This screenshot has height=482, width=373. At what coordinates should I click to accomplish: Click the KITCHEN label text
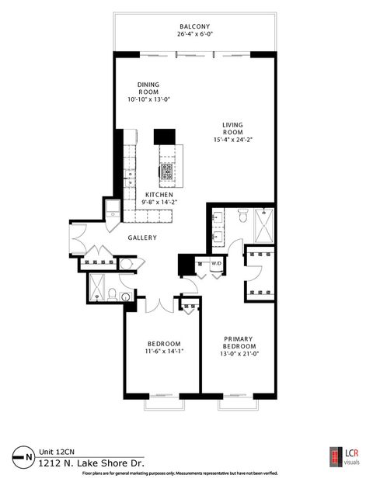pyautogui.click(x=165, y=196)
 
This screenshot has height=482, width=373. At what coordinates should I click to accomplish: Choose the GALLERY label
pyautogui.click(x=142, y=238)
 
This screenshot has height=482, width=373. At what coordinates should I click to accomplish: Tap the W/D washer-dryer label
pyautogui.click(x=216, y=264)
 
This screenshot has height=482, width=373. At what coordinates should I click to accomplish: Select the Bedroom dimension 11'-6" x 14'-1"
pyautogui.click(x=165, y=352)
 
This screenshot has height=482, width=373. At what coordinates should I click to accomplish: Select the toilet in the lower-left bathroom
pyautogui.click(x=113, y=295)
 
